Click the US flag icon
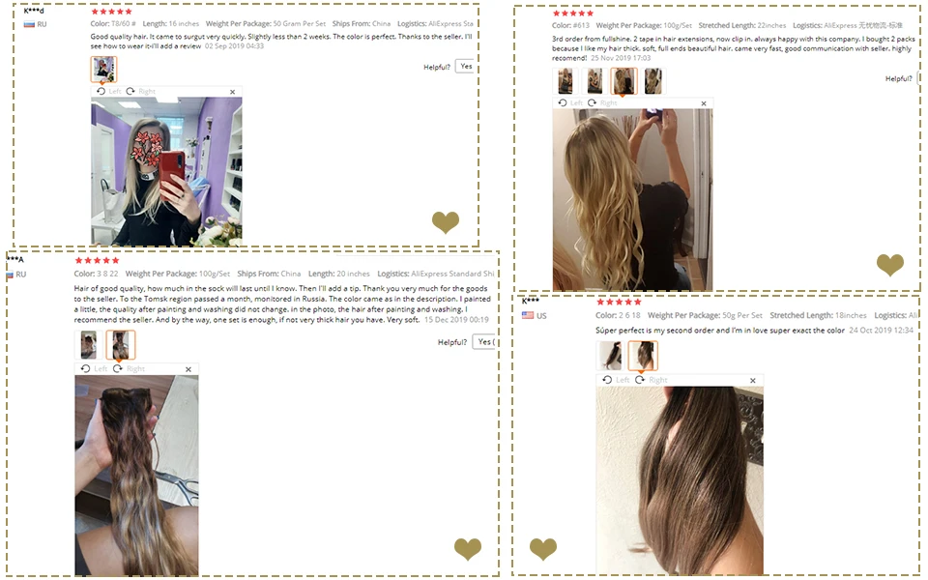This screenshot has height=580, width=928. pyautogui.click(x=528, y=315)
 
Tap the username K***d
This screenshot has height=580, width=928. pyautogui.click(x=34, y=11)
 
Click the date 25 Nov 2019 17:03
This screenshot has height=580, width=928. pyautogui.click(x=621, y=58)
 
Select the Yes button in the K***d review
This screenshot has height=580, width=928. pyautogui.click(x=466, y=67)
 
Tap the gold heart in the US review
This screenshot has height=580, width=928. pyautogui.click(x=543, y=549)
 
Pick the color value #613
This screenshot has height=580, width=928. pyautogui.click(x=581, y=25)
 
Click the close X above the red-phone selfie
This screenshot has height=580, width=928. pyautogui.click(x=232, y=92)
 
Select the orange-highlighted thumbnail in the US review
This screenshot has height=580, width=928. pyautogui.click(x=642, y=356)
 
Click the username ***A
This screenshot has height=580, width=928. pyautogui.click(x=15, y=259)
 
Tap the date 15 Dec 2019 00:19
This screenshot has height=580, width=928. pyautogui.click(x=455, y=319)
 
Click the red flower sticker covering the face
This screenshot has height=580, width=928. pyautogui.click(x=147, y=145)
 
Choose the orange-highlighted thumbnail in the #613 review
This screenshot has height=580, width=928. pyautogui.click(x=623, y=81)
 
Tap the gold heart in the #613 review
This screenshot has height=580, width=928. pyautogui.click(x=889, y=264)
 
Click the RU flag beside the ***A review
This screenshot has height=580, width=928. pyautogui.click(x=11, y=275)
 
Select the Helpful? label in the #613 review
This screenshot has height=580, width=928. pyautogui.click(x=898, y=78)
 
